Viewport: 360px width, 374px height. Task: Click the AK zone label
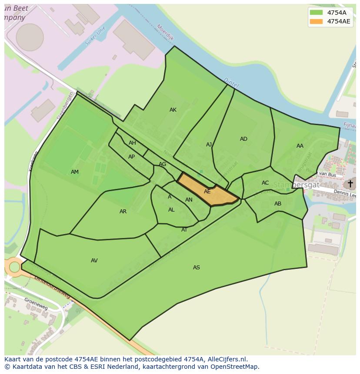173,110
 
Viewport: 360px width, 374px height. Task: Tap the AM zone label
75,172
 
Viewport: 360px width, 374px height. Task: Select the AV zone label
94,261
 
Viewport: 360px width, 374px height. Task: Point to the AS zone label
197,268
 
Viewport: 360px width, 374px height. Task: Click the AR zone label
123,212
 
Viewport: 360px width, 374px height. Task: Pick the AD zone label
243,139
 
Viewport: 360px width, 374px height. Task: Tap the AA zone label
300,146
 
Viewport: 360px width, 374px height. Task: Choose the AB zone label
278,204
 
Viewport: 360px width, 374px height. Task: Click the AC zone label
265,183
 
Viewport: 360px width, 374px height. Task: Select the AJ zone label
209,145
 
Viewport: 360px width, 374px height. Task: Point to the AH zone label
132,143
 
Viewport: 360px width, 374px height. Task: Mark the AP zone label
131,157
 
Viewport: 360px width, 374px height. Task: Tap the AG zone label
162,164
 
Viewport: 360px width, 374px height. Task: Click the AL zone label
171,210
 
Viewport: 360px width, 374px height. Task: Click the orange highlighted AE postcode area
207,192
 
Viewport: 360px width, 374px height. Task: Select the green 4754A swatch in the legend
316,13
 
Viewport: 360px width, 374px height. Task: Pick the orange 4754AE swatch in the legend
316,21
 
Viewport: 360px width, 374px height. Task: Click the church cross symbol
350,184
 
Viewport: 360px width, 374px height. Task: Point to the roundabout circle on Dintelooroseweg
14,267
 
